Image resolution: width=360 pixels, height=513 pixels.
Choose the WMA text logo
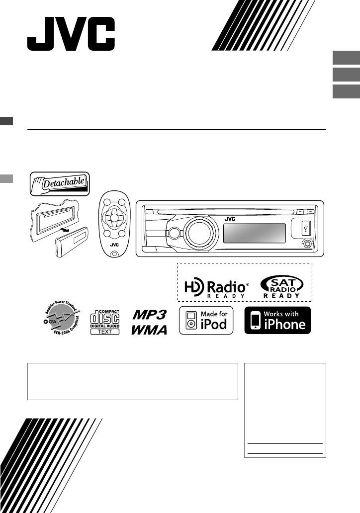149,330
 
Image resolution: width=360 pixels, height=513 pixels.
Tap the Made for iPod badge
206,321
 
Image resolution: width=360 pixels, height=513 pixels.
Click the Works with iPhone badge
277,321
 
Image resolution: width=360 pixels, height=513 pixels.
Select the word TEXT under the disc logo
105,331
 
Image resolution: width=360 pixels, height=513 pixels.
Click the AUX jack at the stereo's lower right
307,244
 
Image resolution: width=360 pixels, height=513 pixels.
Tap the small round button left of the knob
174,233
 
